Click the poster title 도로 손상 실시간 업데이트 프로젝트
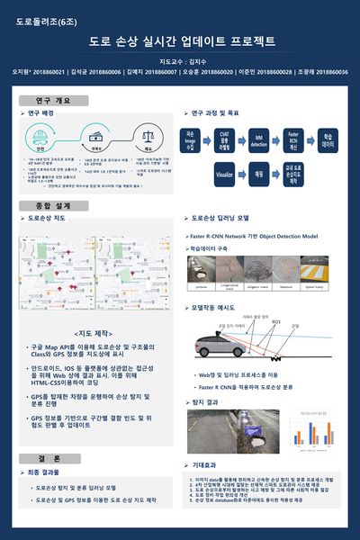pos(181,41)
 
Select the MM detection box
pos(259,139)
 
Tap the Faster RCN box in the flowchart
pos(292,139)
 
